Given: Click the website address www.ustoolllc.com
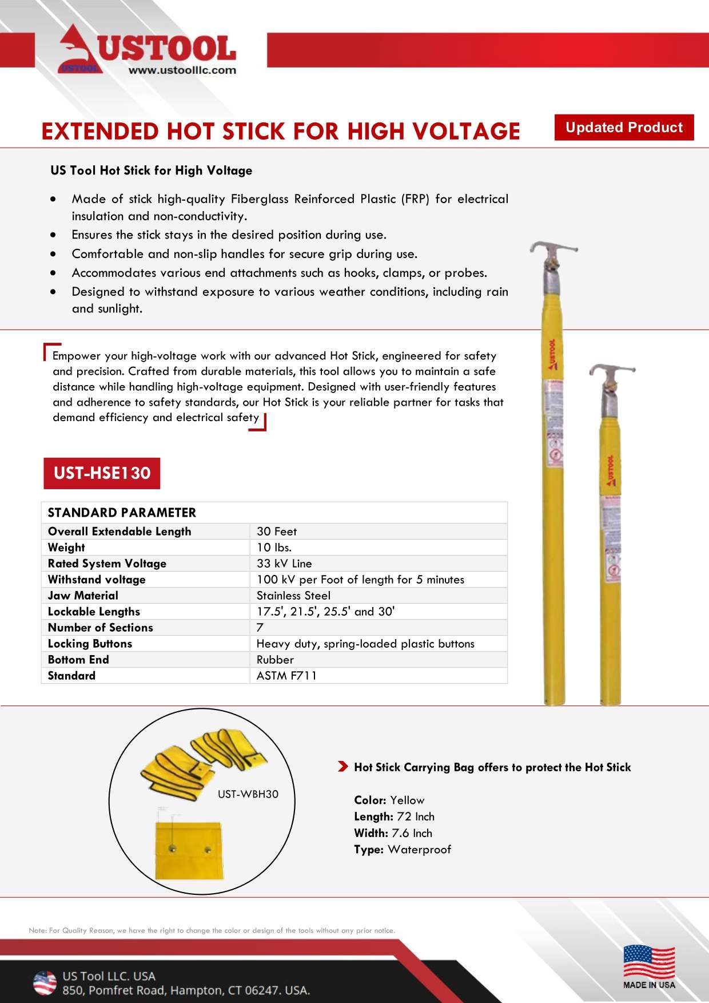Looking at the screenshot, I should (x=182, y=70).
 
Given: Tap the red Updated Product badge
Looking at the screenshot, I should (x=624, y=127).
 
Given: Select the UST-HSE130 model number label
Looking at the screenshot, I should (x=102, y=473).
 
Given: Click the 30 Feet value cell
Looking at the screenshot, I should (x=277, y=532).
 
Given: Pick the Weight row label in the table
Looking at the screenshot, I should (x=66, y=548).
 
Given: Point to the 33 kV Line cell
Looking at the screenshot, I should (x=284, y=564).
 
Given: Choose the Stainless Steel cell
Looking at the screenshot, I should (x=293, y=596).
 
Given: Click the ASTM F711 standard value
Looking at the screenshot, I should (x=286, y=676).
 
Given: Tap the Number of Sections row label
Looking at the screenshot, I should (x=101, y=628).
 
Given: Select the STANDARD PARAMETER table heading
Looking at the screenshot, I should (x=122, y=513).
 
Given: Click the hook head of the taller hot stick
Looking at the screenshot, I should (x=552, y=251).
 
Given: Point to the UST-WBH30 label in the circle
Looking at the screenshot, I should (x=248, y=794).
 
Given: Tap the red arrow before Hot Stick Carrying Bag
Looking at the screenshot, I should (x=342, y=767).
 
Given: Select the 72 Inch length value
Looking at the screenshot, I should (x=416, y=816).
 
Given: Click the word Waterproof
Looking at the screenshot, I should (x=419, y=850).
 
